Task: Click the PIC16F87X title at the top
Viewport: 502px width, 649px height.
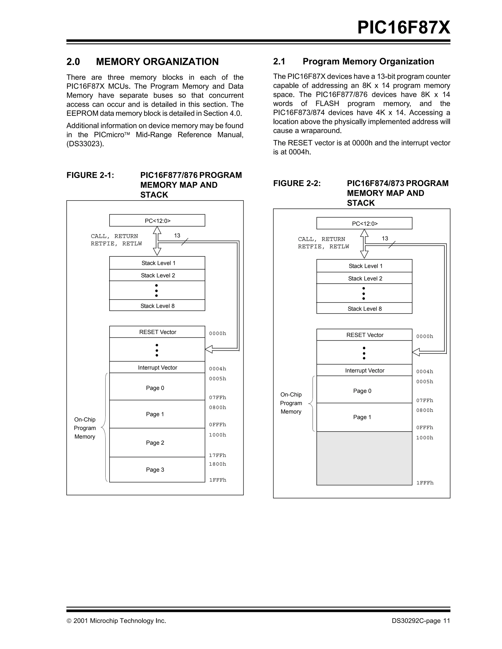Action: pos(403,28)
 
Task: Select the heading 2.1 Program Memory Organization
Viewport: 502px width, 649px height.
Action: pos(353,61)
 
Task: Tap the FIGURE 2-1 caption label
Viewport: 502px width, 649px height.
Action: pos(90,175)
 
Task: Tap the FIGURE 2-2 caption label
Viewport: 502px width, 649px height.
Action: pos(297,183)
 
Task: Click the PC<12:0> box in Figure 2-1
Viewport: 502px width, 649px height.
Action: pos(157,220)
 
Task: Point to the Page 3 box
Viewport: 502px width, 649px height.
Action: pos(157,470)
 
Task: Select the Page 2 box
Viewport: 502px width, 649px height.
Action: pos(157,443)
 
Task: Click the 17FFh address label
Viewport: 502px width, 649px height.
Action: pos(217,455)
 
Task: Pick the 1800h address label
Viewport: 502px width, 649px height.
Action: pos(217,464)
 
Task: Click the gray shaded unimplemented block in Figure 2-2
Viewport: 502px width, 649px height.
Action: pos(364,458)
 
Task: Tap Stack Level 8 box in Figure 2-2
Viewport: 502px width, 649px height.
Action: pos(364,308)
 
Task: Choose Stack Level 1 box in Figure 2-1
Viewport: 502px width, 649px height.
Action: pos(157,263)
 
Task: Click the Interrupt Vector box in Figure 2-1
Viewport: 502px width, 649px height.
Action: pos(157,367)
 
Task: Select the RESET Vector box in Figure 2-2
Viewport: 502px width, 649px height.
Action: pos(364,335)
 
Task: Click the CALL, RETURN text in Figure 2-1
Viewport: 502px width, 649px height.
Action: pos(114,236)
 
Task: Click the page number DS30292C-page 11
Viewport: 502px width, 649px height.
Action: pos(421,621)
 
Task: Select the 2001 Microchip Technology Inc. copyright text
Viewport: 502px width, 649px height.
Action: pos(116,621)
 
